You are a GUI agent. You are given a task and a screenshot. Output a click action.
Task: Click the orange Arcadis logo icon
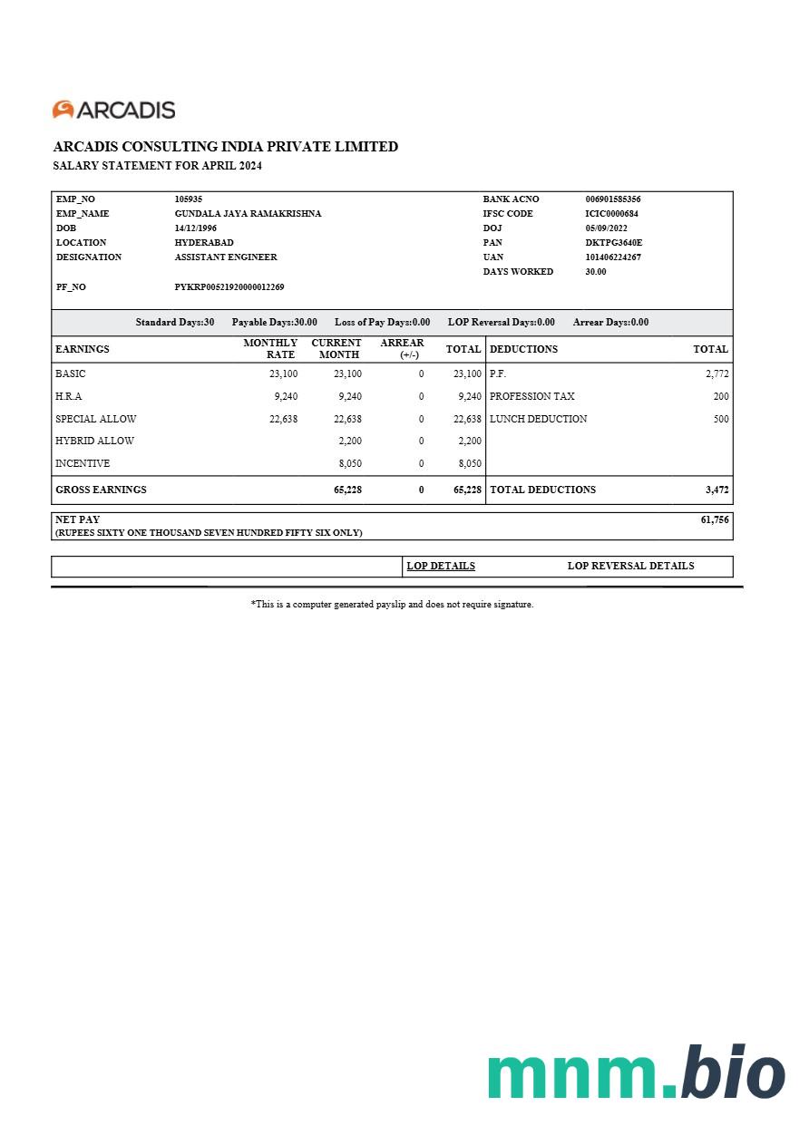[x=63, y=110]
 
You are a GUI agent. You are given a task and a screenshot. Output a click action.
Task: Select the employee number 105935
[x=189, y=199]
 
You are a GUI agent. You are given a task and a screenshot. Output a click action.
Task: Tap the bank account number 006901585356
[x=613, y=199]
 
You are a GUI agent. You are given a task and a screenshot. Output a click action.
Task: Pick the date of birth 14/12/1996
[x=196, y=228]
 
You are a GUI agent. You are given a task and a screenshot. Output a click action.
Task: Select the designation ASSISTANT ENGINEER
[x=226, y=257]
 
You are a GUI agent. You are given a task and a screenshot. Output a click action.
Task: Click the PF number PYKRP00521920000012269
[x=229, y=286]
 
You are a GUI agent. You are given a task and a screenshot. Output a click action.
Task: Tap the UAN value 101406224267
[x=613, y=257]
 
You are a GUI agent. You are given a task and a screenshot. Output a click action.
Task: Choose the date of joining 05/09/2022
[x=607, y=228]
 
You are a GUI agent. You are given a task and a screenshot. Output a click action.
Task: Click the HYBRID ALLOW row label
[x=94, y=441]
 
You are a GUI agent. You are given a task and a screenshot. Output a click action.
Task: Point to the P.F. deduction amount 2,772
[x=716, y=374]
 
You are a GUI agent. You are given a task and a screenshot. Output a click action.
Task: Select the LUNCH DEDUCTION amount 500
[x=720, y=419]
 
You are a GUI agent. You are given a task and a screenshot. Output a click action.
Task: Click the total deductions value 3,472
[x=716, y=490]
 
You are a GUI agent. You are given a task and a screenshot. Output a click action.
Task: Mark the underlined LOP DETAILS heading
[x=441, y=566]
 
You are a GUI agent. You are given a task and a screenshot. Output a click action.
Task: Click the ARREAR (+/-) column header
[x=402, y=348]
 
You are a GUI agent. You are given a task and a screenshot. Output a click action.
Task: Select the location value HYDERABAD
[x=204, y=242]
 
